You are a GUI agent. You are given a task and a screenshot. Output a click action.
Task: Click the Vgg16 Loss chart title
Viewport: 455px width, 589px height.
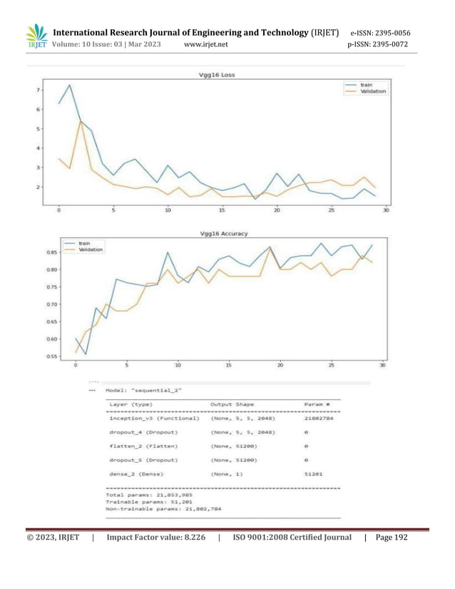[220, 75]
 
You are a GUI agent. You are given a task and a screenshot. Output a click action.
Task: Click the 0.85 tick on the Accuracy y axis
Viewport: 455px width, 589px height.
[51, 252]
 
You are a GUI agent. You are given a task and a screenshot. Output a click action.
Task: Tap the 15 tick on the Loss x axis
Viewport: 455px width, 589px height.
[223, 210]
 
